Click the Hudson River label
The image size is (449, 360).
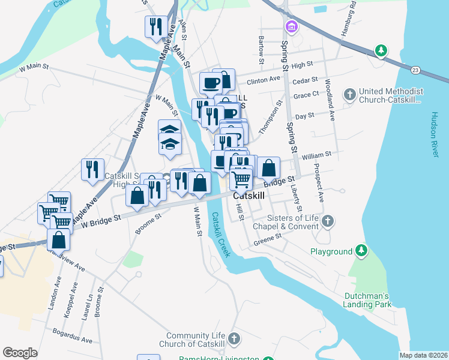pos(436,135)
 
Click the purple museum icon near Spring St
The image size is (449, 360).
pos(292,26)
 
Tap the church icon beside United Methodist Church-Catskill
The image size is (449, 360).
pos(349,95)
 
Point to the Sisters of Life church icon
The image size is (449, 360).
pos(327,221)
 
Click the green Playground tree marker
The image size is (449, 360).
pos(361,249)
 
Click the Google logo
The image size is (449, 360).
pos(20,352)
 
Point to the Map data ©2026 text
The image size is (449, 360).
pos(424,355)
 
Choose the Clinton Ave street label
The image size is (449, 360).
pos(264,79)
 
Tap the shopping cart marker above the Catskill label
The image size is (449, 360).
pos(241,178)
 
